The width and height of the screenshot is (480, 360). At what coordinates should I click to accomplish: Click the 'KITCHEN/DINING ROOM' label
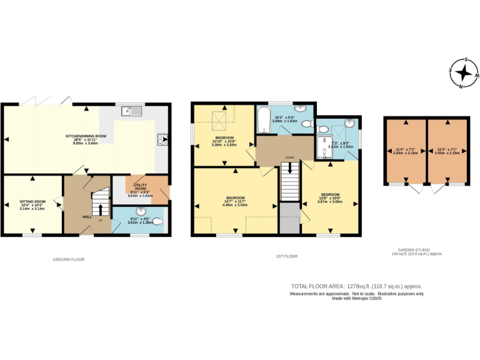pos(86,136)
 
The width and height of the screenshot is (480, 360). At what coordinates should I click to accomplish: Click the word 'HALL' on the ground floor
pos(87,217)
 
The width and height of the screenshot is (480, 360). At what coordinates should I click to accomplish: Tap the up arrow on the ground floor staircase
pos(101,207)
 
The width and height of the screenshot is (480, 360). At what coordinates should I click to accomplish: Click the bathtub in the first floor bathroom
pos(262,120)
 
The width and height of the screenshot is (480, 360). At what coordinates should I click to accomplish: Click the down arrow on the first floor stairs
pos(289,168)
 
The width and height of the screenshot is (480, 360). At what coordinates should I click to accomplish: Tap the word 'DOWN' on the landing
pos(289,157)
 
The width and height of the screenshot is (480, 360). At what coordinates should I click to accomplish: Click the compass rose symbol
pos(463,72)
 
